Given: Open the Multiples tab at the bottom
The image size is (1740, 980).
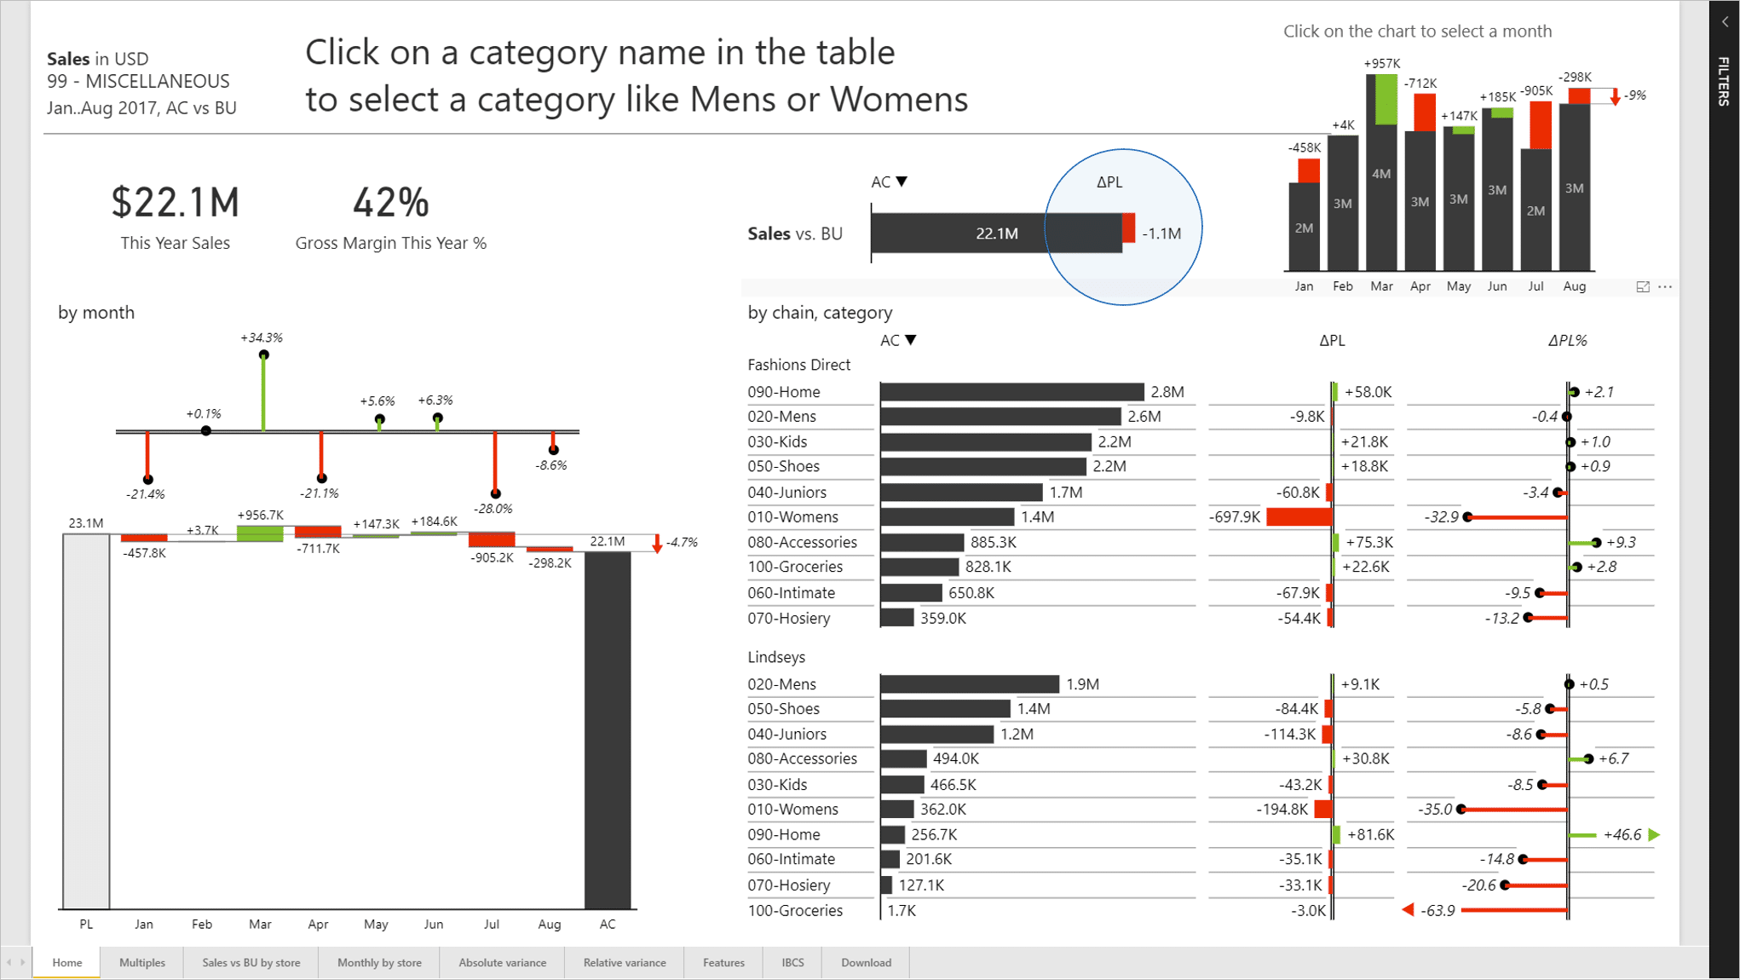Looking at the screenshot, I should tap(142, 962).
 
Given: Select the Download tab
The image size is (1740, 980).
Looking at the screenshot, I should tap(866, 962).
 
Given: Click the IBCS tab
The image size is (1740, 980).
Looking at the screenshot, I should tap(792, 962).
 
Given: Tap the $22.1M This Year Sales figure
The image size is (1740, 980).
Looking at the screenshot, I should tap(176, 203).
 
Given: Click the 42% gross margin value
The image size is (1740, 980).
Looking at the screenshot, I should tap(390, 203).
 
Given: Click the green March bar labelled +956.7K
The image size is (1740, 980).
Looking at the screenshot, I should tap(260, 533).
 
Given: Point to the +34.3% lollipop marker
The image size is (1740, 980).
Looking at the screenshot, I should tap(264, 355).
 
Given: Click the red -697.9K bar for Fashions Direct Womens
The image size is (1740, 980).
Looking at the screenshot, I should tap(1299, 517).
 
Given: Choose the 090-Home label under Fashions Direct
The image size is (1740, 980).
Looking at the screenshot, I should tap(784, 392).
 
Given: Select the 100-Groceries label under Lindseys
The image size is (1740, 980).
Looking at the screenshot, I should tap(795, 910).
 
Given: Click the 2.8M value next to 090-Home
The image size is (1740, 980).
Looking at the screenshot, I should tap(1167, 392).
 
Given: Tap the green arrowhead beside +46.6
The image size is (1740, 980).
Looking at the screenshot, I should tap(1654, 835).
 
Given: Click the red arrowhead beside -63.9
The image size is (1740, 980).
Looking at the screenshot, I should tap(1409, 910).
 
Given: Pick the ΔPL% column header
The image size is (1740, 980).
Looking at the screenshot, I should tap(1567, 341).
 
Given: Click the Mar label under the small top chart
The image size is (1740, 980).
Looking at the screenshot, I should tap(1381, 286).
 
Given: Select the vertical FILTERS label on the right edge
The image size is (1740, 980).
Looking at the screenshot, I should tap(1724, 81).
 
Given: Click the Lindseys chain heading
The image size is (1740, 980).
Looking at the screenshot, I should tap(776, 657).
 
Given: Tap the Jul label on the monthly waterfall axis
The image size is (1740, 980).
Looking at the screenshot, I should tap(492, 924).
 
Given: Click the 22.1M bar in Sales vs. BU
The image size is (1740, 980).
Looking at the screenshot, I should tap(996, 233).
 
